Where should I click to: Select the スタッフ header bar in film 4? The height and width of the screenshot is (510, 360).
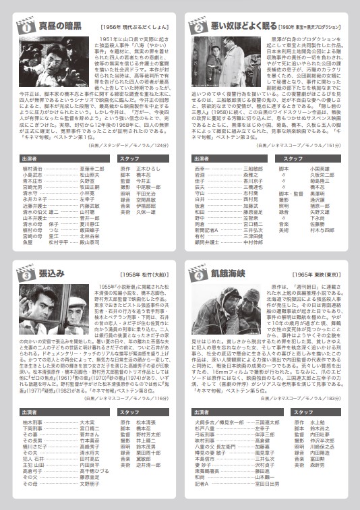(315, 412)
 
